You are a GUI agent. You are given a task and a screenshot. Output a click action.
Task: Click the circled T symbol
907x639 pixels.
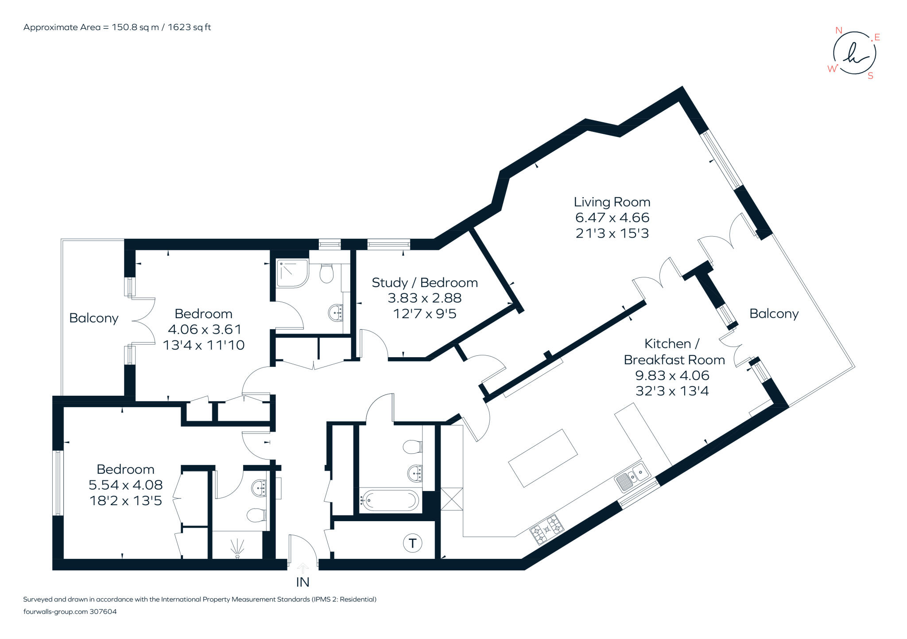pos(412,543)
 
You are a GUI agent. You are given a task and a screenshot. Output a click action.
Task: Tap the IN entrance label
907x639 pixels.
pos(302,582)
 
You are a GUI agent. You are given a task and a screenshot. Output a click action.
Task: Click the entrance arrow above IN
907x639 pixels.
pos(302,568)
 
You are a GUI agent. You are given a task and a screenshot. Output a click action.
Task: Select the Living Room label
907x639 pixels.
pos(612,202)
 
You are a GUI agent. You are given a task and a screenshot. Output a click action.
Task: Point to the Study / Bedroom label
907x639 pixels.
pos(425,283)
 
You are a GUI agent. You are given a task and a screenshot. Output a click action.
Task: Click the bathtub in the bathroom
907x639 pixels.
pos(389,500)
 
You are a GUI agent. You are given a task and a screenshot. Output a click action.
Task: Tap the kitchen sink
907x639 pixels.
pos(632,477)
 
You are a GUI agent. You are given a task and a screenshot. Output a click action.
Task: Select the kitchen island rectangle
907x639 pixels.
pos(543,458)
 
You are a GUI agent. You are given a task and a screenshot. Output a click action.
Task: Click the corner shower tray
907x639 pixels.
pos(292,273)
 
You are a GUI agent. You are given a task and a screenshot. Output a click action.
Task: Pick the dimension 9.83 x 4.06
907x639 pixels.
pos(672,375)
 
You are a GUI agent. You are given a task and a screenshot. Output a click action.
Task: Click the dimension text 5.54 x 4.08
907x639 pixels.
pos(126,485)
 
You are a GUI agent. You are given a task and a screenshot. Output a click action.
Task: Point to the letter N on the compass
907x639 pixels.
pos(838,31)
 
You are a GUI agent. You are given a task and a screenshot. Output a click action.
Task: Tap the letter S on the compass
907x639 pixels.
pos(870,76)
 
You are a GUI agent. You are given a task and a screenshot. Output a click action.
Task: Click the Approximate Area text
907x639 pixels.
pos(117,27)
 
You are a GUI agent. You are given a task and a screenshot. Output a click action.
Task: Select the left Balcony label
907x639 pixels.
pos(94,318)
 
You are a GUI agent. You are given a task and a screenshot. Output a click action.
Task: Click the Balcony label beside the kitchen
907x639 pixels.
pos(774,314)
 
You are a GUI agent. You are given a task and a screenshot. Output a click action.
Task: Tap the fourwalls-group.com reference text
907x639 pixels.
pos(70,612)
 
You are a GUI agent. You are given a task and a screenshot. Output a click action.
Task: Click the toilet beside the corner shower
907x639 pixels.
pos(327,273)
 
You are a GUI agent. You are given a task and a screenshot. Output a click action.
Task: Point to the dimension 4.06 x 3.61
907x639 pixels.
pos(204,329)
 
